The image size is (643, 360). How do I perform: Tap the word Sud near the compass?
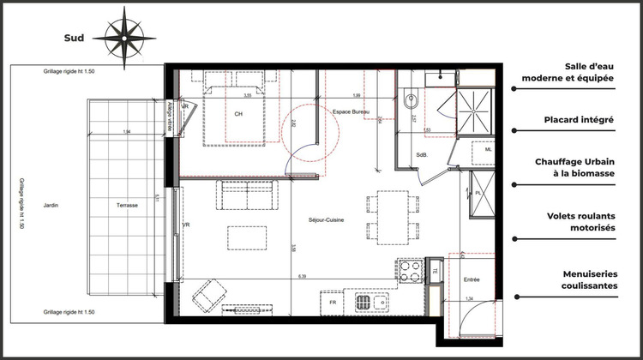pos(73,38)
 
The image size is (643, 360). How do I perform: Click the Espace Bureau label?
pos(351,112)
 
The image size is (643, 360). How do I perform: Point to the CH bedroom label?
pos(239,114)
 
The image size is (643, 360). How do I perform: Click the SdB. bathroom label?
pos(422,155)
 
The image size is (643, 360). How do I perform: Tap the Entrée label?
pos(472,280)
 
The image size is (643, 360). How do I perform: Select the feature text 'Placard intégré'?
pos(577,121)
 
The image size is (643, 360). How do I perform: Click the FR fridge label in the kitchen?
pos(332,303)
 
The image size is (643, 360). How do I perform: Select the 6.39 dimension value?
pos(301,277)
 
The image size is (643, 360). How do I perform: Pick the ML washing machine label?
pos(488,149)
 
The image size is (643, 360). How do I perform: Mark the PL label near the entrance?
pos(478,193)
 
